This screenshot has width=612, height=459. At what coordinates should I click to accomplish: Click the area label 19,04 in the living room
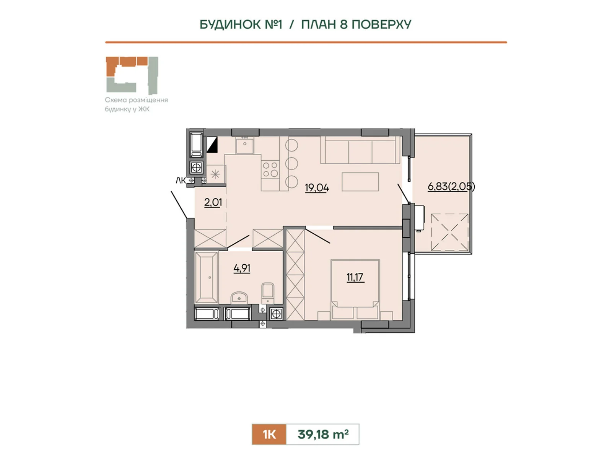coord(317,188)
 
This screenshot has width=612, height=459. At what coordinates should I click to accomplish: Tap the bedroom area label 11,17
coord(355,277)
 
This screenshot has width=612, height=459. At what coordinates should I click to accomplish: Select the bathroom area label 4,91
coord(242,269)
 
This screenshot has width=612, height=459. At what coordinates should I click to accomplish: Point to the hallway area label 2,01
coord(213,203)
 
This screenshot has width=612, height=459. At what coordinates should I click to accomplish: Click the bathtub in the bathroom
coord(206,277)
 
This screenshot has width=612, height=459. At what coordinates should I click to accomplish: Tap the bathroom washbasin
coord(239,298)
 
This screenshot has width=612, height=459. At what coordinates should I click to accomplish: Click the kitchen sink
coord(245,145)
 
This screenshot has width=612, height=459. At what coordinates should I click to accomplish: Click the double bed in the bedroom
coord(355,290)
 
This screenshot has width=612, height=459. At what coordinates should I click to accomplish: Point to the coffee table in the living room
coord(360,182)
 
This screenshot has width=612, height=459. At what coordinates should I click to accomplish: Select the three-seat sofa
coord(361,150)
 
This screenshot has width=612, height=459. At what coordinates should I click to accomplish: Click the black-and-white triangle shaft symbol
coord(212,145)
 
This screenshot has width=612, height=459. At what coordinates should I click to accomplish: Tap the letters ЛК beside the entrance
coord(181,181)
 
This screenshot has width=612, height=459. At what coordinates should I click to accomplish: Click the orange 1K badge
coord(269,434)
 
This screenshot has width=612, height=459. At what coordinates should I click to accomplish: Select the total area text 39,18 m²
coord(323,434)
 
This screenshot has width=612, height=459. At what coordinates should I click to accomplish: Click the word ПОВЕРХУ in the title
coord(381,24)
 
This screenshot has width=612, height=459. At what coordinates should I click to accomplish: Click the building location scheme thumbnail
coord(132,75)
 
